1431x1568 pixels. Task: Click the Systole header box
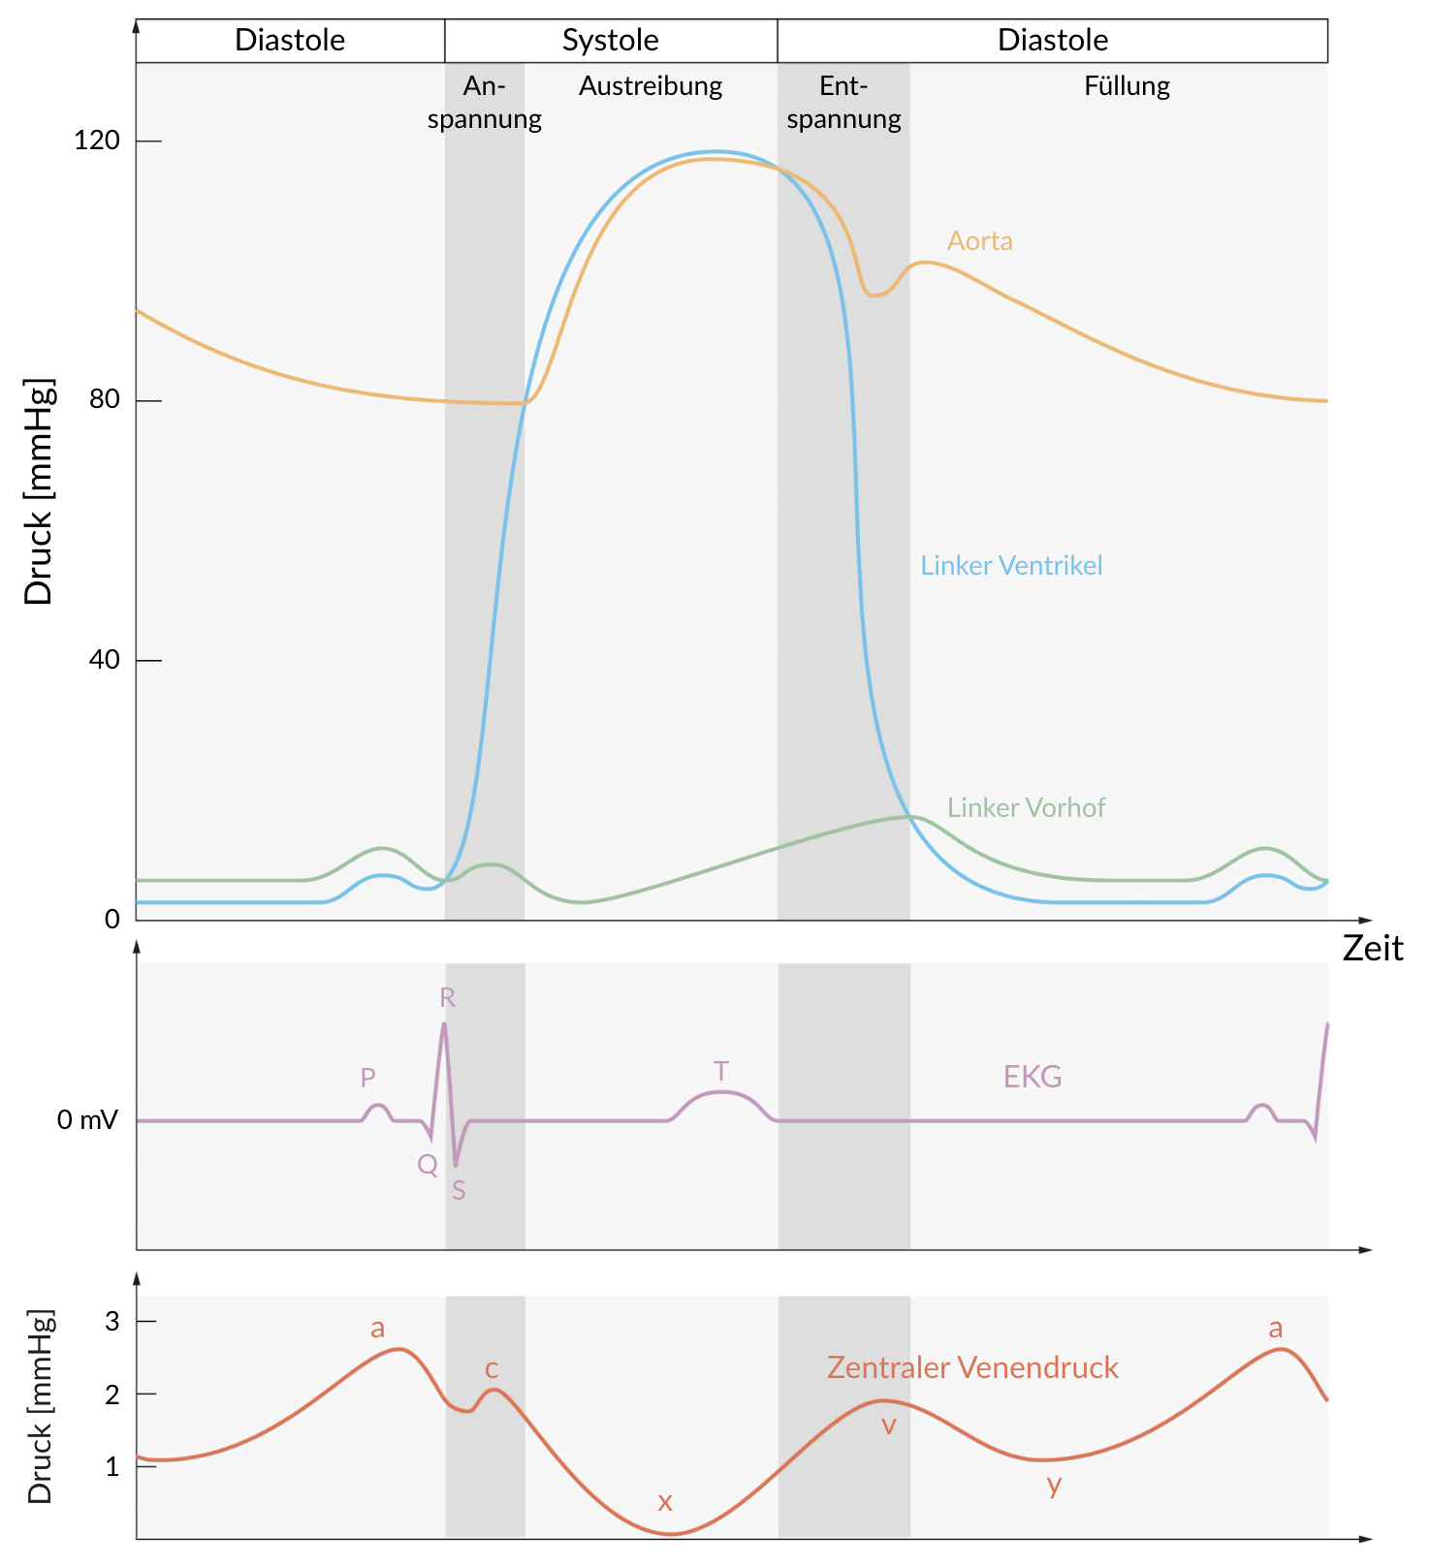pyautogui.click(x=611, y=41)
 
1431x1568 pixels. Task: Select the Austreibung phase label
pyautogui.click(x=651, y=86)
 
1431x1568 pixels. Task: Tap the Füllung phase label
pyautogui.click(x=1127, y=86)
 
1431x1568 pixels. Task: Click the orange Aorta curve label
pyautogui.click(x=979, y=241)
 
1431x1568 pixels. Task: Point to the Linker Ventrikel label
pyautogui.click(x=1011, y=566)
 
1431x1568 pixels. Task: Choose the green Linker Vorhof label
pyautogui.click(x=1026, y=808)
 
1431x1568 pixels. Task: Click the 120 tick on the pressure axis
pyautogui.click(x=97, y=141)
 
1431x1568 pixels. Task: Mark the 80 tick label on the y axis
pyautogui.click(x=104, y=400)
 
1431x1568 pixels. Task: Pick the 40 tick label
pyautogui.click(x=104, y=660)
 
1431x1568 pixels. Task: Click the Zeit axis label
pyautogui.click(x=1372, y=949)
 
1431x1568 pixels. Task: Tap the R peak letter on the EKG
pyautogui.click(x=447, y=998)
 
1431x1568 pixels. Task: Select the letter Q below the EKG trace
pyautogui.click(x=428, y=1165)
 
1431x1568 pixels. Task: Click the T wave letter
pyautogui.click(x=720, y=1072)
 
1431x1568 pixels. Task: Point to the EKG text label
pyautogui.click(x=1033, y=1077)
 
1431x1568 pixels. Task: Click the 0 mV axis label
pyautogui.click(x=87, y=1121)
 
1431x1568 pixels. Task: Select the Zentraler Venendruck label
pyautogui.click(x=972, y=1367)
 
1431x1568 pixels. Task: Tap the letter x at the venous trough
pyautogui.click(x=665, y=1502)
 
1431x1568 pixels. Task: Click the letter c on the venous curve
pyautogui.click(x=492, y=1369)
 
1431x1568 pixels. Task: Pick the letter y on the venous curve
pyautogui.click(x=1054, y=1485)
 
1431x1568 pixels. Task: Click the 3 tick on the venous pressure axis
pyautogui.click(x=112, y=1321)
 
